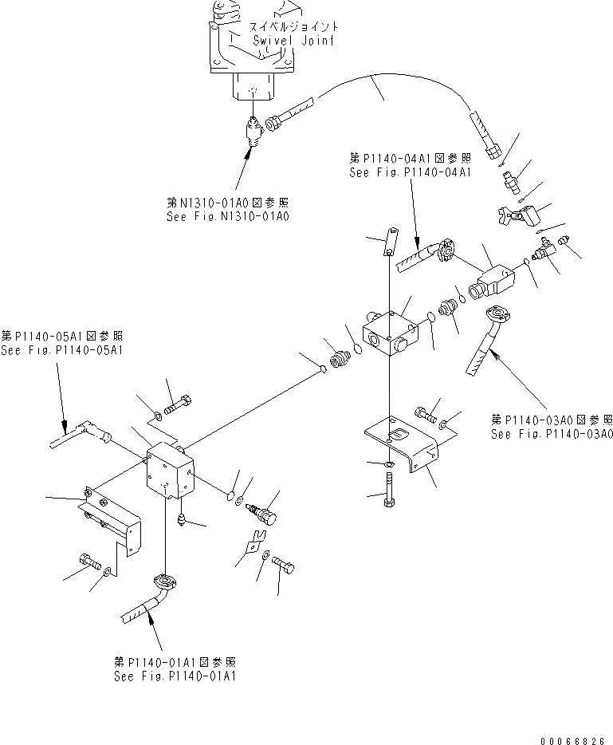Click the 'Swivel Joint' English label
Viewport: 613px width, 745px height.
coord(282,40)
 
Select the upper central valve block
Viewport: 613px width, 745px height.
coord(388,330)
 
